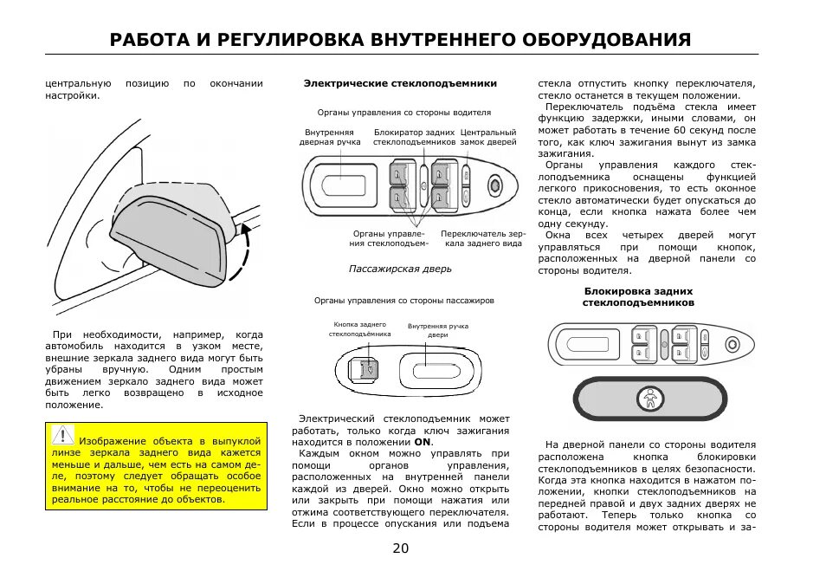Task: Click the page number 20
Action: tap(400, 548)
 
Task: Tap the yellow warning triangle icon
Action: tap(62, 434)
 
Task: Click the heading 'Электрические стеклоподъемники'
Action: tap(400, 84)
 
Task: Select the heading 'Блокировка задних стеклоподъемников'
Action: tap(637, 297)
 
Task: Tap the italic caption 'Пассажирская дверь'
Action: tap(400, 269)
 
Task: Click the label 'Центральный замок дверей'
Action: tap(488, 137)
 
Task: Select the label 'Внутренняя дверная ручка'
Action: tap(330, 137)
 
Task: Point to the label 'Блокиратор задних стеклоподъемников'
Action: tap(415, 137)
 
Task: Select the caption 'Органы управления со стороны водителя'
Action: tap(403, 113)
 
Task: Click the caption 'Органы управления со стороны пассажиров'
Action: tap(403, 301)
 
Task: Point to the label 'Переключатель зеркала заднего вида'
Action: tap(482, 238)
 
